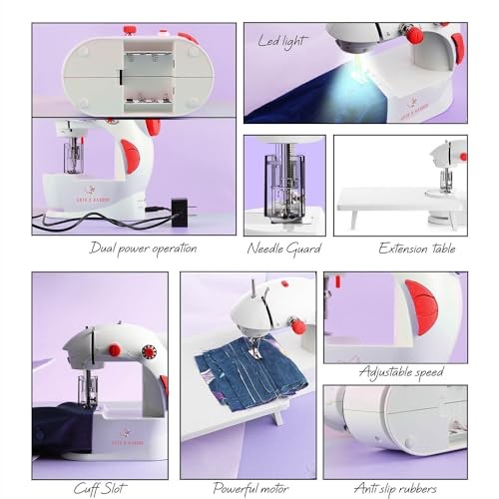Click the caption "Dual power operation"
(143, 248)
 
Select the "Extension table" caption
(416, 248)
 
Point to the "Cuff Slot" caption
(99, 488)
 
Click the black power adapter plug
(180, 212)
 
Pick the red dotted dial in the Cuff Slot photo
(150, 351)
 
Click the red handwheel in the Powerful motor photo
(297, 326)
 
